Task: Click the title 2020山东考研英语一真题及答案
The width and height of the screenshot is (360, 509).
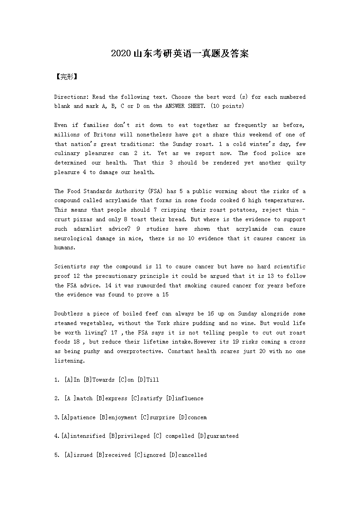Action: click(180, 54)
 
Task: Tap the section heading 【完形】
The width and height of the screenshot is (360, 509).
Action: click(66, 77)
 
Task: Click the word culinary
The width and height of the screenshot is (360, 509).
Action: click(67, 154)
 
